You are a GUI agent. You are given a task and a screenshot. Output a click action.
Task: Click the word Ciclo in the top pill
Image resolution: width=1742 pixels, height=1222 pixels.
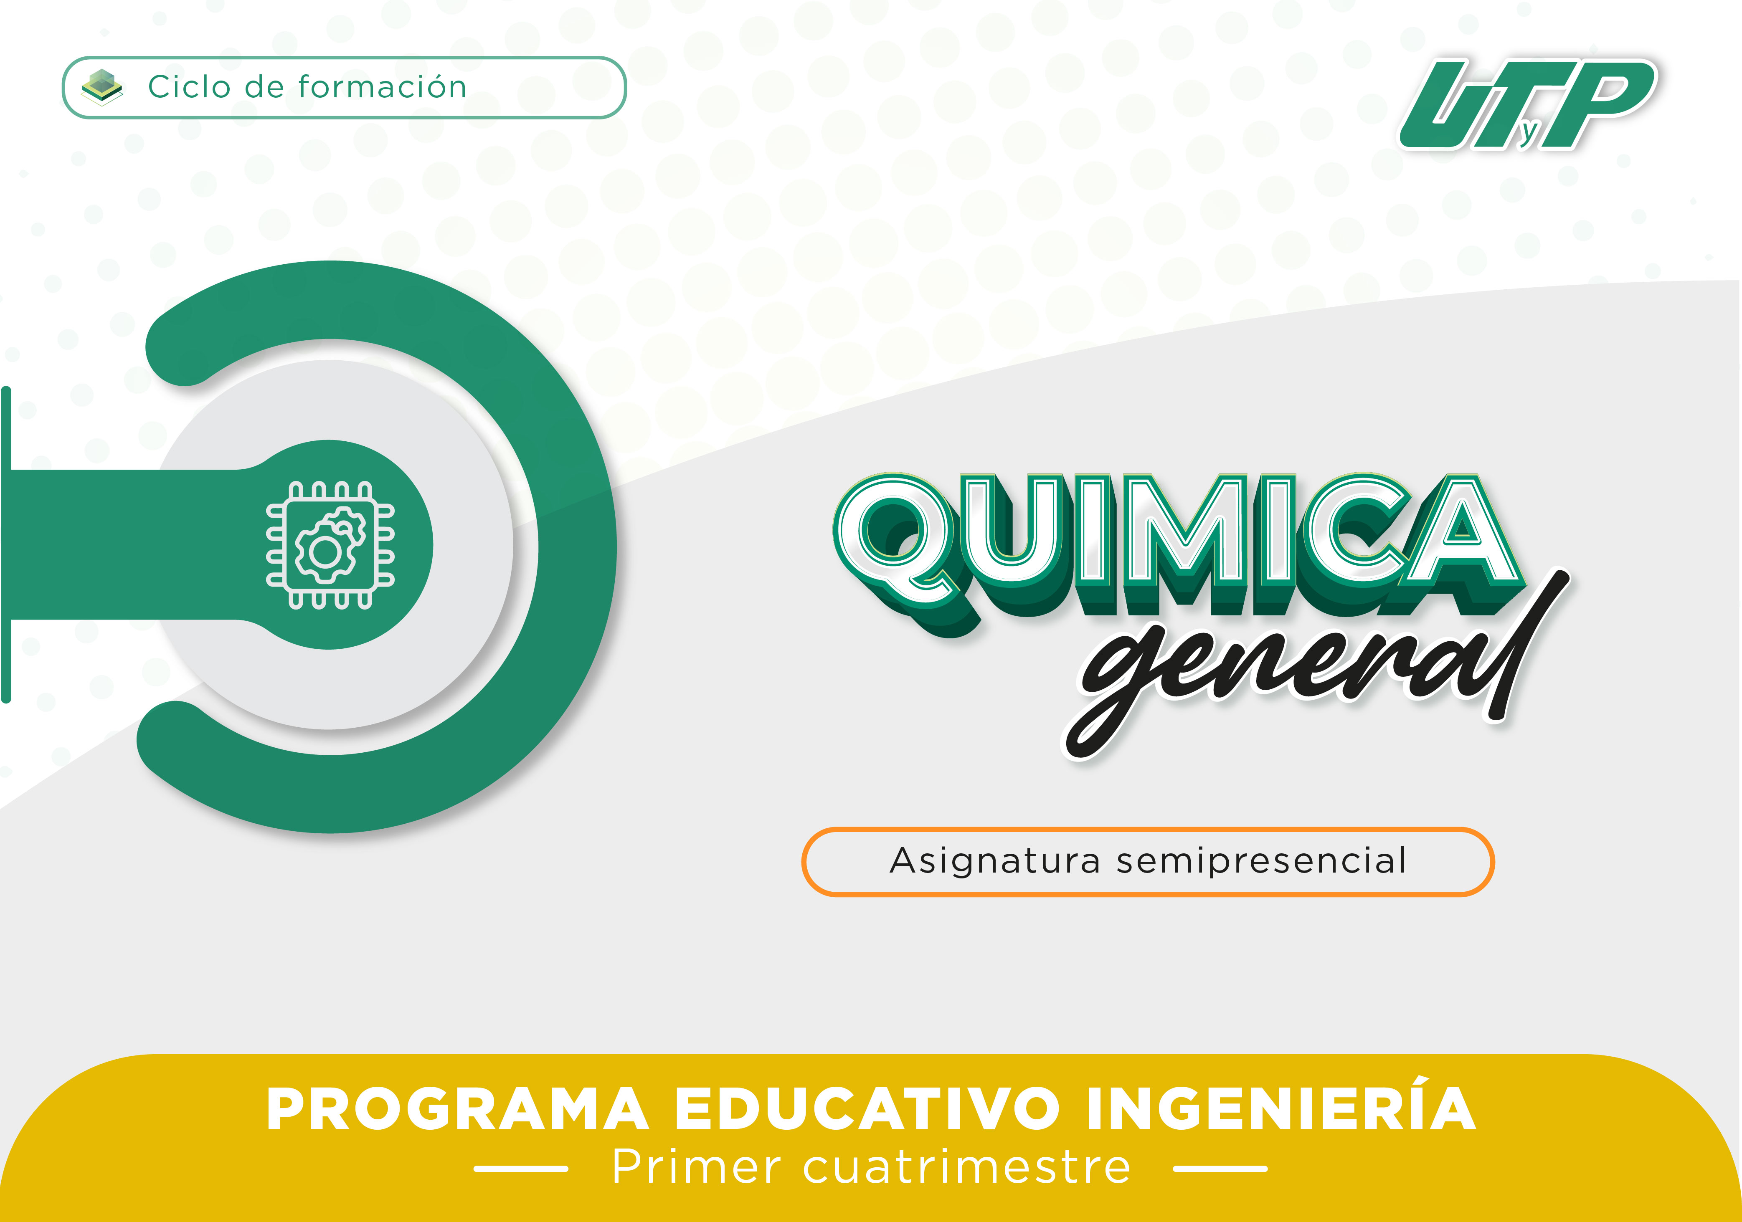tap(189, 86)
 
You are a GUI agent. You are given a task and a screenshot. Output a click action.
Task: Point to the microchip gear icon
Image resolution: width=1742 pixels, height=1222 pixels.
tap(330, 545)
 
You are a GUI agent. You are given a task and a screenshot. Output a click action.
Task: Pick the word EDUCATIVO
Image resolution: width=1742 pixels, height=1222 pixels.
tap(867, 1109)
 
